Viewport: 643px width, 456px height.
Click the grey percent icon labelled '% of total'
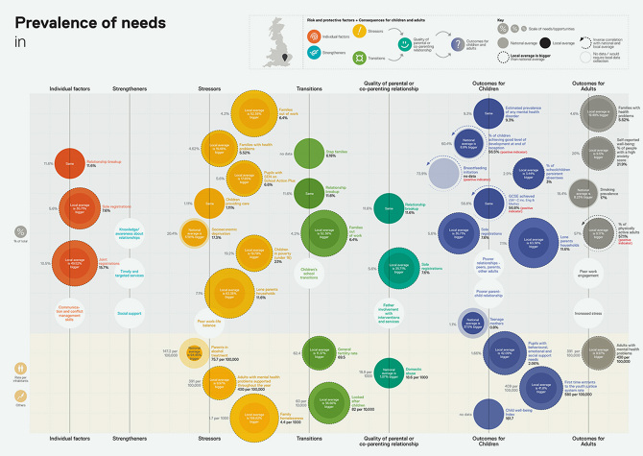tap(22, 233)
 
